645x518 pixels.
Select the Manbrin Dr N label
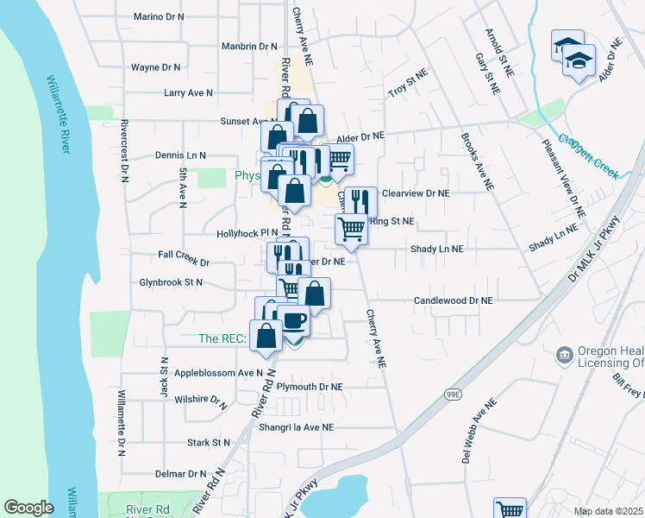point(249,47)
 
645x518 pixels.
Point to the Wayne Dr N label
point(155,66)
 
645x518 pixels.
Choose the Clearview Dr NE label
point(416,194)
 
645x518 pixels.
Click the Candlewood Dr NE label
point(453,300)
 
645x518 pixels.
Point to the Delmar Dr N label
point(181,474)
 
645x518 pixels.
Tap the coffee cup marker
point(295,320)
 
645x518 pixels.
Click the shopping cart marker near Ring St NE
point(351,229)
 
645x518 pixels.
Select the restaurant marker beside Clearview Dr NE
point(360,201)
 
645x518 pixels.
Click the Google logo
point(28,508)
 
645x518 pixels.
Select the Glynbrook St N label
point(171,282)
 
